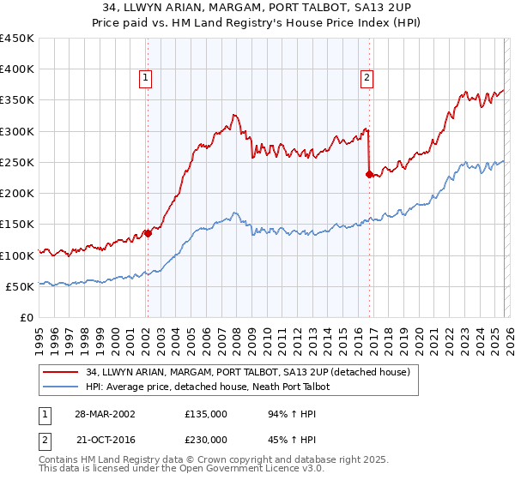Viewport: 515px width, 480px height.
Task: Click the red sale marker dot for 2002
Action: pos(147,232)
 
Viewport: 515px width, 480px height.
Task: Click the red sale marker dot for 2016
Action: pos(368,174)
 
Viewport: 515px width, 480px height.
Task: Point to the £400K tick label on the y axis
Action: pos(17,69)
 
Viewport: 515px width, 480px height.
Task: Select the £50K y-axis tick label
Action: pos(21,286)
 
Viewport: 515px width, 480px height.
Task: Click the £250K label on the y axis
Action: pos(17,162)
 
